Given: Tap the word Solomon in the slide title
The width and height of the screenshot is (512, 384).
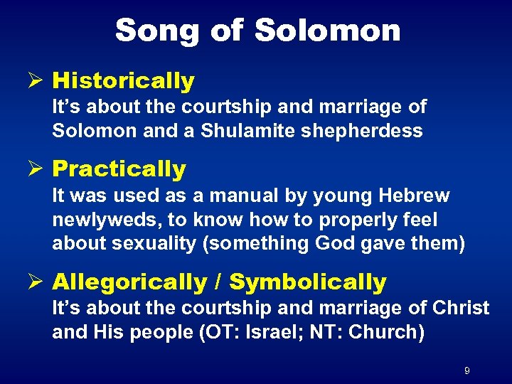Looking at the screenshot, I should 327,31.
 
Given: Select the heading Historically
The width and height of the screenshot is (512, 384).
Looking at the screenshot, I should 123,82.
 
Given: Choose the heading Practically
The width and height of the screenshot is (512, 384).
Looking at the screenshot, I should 119,169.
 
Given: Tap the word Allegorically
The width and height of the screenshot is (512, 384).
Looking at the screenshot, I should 129,282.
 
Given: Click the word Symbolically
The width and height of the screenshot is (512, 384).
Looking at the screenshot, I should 308,282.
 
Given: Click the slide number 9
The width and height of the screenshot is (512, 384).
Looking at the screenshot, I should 466,370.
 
